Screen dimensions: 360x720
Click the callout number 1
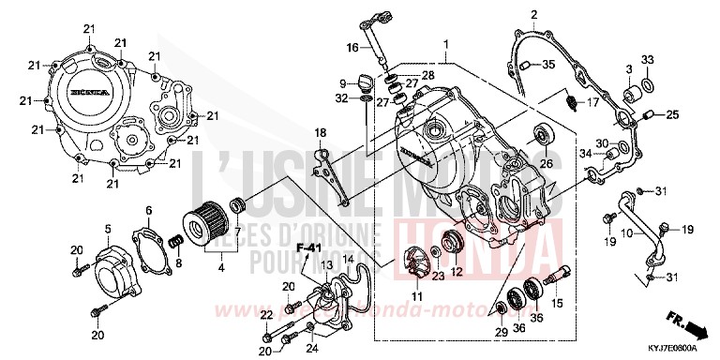click(x=447, y=44)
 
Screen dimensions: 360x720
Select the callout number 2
click(x=532, y=15)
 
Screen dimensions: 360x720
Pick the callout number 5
click(x=108, y=228)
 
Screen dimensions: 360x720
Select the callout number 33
click(x=647, y=60)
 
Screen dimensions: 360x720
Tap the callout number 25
click(x=671, y=115)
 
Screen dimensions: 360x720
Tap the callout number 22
click(x=266, y=314)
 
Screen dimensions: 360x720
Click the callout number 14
click(x=347, y=260)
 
